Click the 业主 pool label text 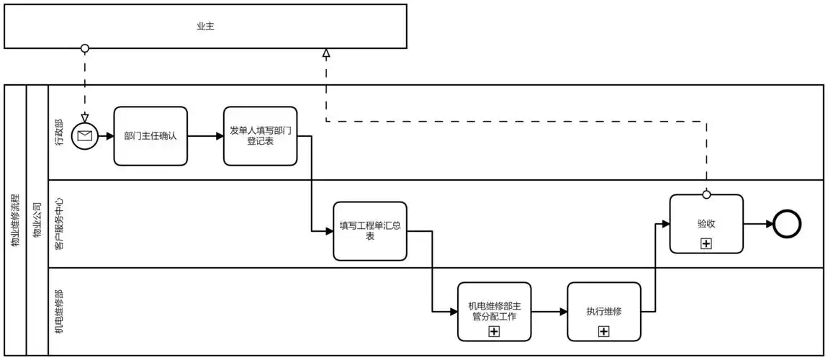point(205,27)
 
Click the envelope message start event point(84,135)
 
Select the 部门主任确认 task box point(150,135)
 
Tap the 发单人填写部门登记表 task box point(260,135)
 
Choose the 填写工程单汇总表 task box point(370,230)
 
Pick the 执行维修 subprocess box point(603,311)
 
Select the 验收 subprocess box point(706,223)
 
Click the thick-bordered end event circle point(787,224)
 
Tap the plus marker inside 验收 point(706,243)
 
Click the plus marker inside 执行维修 point(603,331)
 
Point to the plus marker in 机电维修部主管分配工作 point(494,331)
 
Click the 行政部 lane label point(58,132)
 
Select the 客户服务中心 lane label point(58,224)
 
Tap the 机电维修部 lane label point(58,312)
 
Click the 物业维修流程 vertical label point(15,220)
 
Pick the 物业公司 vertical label point(37,220)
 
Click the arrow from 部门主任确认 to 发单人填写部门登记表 point(205,135)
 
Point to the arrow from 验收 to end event point(758,224)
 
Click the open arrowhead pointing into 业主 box point(326,53)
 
